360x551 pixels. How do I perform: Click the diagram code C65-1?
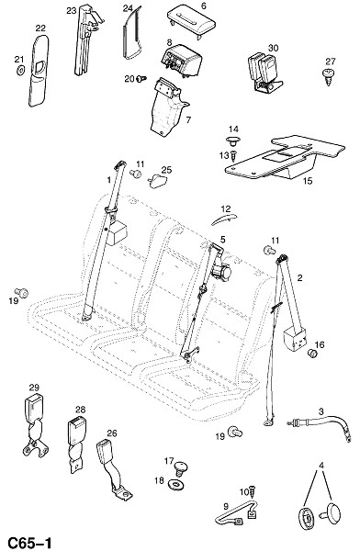(x=29, y=543)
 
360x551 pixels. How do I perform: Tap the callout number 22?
(x=40, y=28)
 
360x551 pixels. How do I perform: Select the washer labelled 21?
(x=20, y=70)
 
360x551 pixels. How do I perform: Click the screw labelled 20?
(x=141, y=79)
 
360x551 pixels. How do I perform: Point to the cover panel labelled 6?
(x=191, y=22)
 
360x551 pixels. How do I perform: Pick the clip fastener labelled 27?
(x=328, y=76)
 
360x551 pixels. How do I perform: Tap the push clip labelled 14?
(x=232, y=141)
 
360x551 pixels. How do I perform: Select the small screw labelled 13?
(x=234, y=155)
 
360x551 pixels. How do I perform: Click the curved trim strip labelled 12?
(x=223, y=219)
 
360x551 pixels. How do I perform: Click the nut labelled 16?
(x=311, y=354)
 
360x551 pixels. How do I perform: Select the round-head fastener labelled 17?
(x=180, y=468)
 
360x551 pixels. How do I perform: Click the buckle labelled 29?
(x=36, y=425)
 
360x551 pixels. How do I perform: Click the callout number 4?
(x=321, y=466)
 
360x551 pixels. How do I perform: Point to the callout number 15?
(x=308, y=181)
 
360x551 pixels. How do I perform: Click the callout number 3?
(x=321, y=410)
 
